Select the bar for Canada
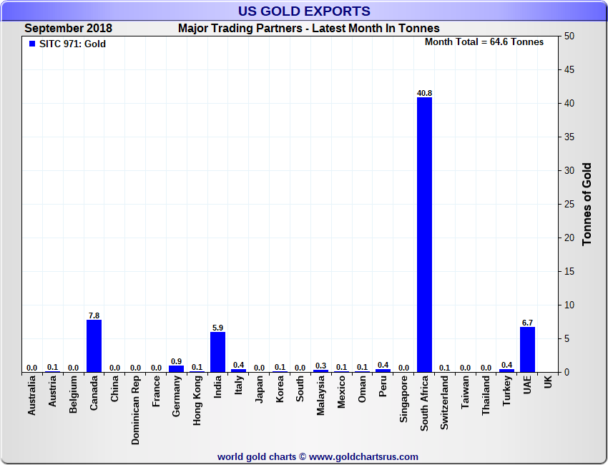tap(94, 346)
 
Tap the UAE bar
tap(527, 349)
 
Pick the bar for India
tap(218, 352)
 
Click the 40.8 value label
tap(424, 93)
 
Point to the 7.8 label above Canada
tap(94, 315)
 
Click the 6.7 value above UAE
tap(527, 323)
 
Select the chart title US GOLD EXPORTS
tap(304, 11)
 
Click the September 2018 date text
tap(69, 29)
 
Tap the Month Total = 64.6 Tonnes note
tap(484, 42)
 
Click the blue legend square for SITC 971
tap(31, 44)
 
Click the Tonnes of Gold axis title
tap(587, 205)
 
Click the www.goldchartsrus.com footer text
tap(363, 456)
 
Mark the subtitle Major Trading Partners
tap(308, 29)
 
